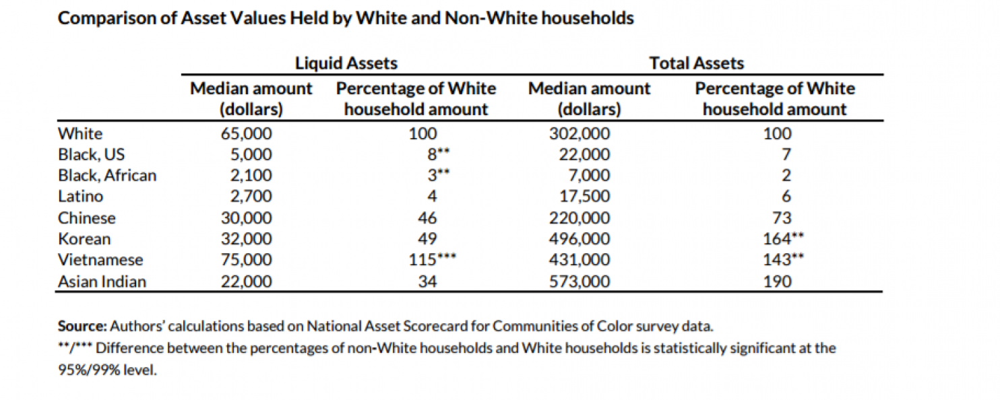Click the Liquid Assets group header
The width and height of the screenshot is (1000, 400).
coord(346,63)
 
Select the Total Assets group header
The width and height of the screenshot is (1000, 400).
coord(697,63)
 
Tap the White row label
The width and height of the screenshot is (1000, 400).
coord(80,133)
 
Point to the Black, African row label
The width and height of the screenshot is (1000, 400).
coord(107,175)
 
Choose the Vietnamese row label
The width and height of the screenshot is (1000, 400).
coord(100,259)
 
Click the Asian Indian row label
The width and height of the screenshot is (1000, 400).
coord(102,281)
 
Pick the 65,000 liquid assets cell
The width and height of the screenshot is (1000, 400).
coord(247,133)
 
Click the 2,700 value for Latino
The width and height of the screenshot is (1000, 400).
coord(251,196)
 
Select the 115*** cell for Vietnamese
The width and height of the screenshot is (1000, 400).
coord(432,259)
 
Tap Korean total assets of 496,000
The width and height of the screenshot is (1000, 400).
coord(580,238)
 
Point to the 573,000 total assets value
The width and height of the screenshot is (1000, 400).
coord(580,281)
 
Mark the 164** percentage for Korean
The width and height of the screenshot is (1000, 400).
coord(783,238)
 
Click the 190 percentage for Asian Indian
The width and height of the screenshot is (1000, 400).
coord(777,281)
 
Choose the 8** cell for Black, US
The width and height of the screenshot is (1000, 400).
coord(439,154)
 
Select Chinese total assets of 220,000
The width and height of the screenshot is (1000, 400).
coord(580,218)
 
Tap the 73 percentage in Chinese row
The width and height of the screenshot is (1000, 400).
coord(782,218)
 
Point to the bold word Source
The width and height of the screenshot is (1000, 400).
coord(82,326)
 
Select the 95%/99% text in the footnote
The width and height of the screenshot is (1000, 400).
coord(89,370)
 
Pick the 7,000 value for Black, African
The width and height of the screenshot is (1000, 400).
coord(589,175)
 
